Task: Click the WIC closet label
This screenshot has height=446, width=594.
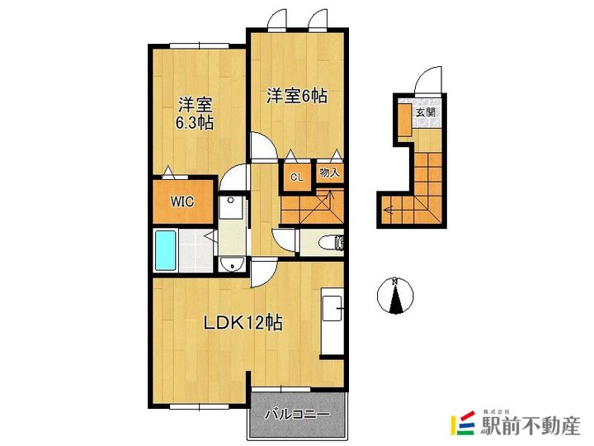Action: point(181,201)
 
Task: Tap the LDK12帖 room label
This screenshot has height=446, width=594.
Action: point(243,322)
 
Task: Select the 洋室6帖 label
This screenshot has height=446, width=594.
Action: point(297,96)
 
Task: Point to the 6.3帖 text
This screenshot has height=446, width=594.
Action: point(195,123)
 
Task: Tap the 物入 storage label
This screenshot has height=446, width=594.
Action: point(330,173)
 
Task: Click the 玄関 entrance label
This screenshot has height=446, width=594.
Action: point(425,112)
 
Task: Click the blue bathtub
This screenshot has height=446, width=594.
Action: point(167,250)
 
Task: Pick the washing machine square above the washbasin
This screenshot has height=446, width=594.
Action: point(233,207)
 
